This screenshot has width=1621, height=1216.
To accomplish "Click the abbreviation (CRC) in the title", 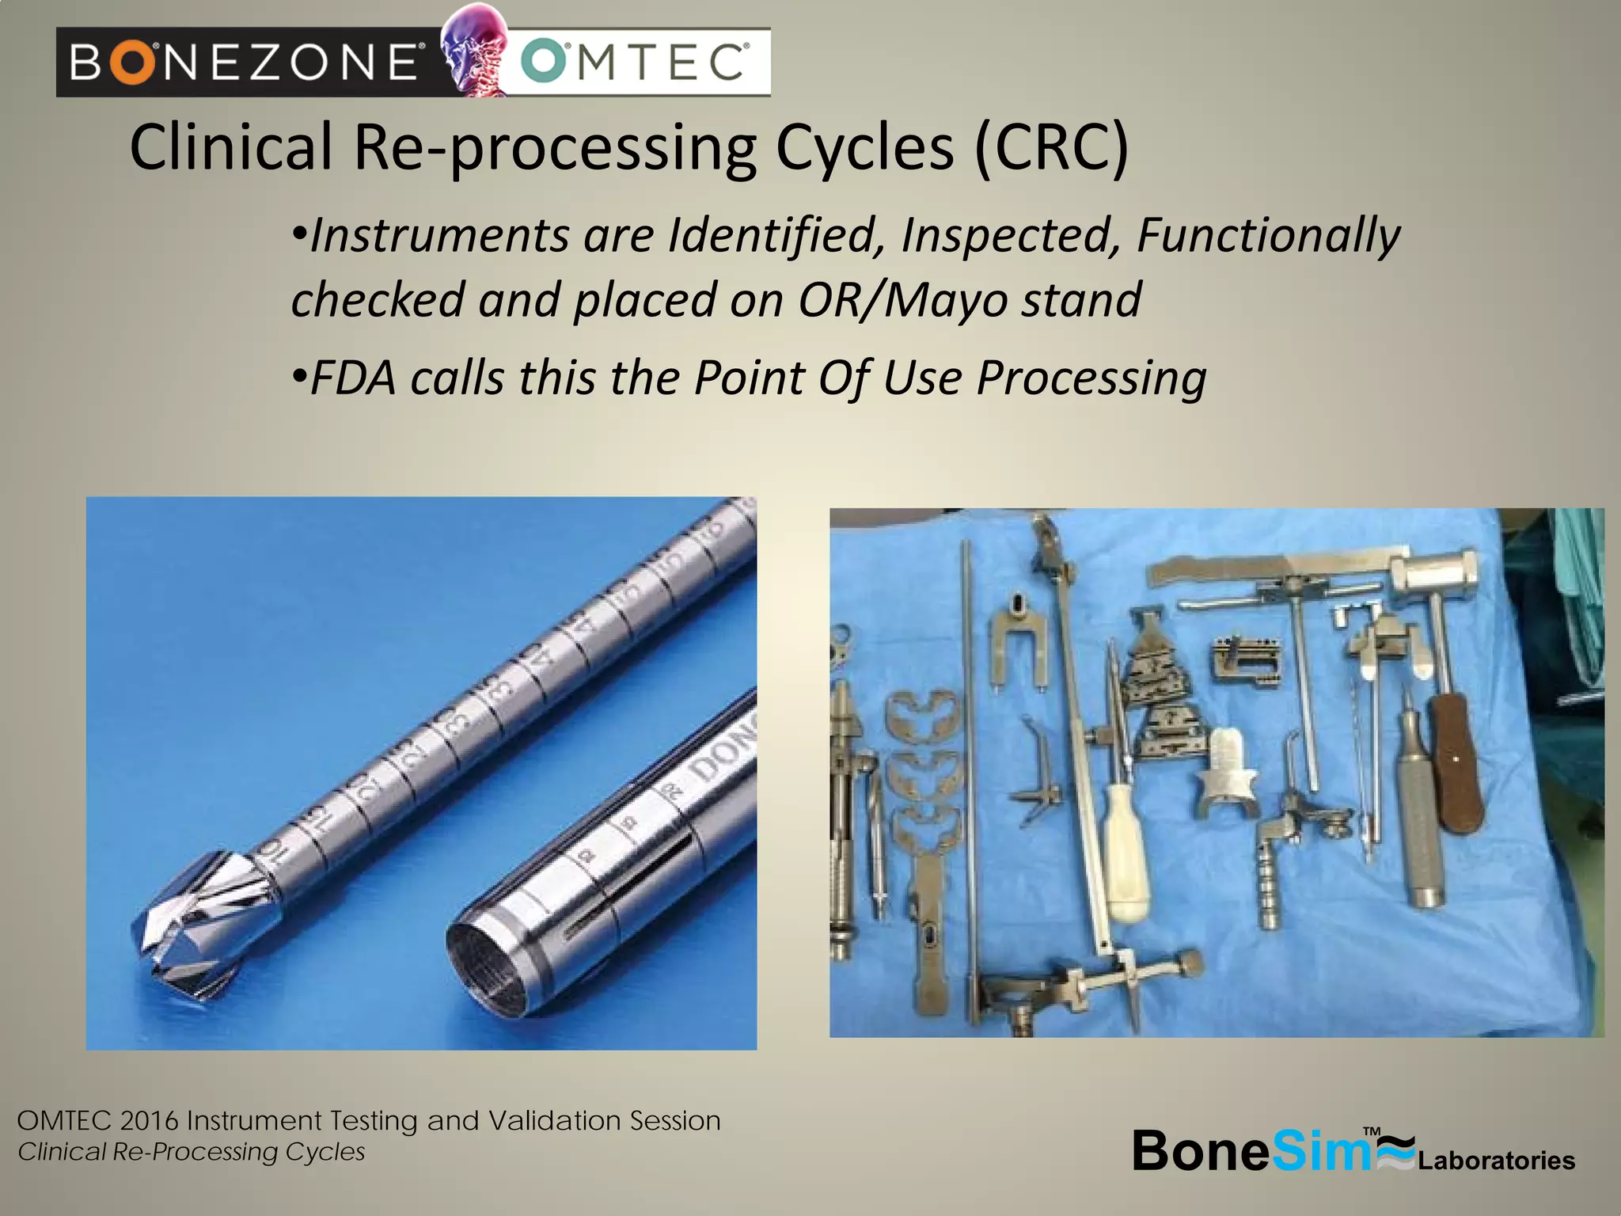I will (1050, 147).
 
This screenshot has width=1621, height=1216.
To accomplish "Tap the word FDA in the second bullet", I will (353, 378).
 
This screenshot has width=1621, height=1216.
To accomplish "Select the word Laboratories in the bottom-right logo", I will (1496, 1161).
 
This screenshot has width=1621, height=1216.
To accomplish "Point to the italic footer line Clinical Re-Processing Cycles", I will (192, 1152).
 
